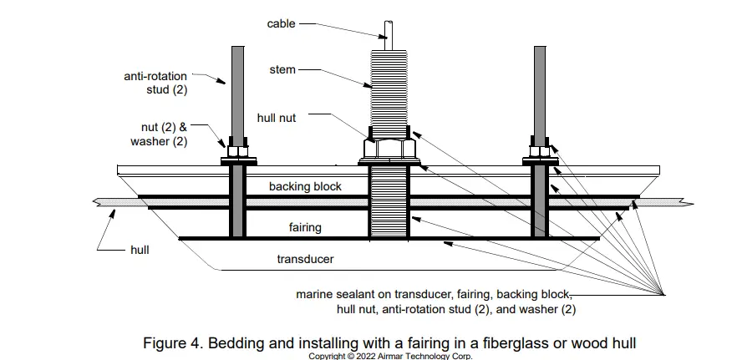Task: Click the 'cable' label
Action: click(x=281, y=23)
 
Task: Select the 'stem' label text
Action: click(x=282, y=69)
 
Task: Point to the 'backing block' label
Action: click(x=305, y=186)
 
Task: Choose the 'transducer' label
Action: click(x=305, y=259)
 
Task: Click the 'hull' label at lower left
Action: click(x=140, y=249)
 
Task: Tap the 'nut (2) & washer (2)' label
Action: click(x=159, y=134)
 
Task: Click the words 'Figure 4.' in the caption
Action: click(x=172, y=342)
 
